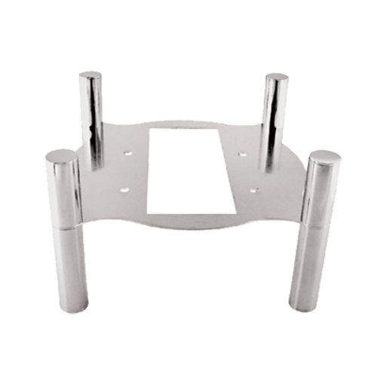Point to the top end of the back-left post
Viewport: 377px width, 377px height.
tap(91, 75)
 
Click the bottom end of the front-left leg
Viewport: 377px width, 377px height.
tap(75, 308)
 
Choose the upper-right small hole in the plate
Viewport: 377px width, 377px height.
tap(242, 154)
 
